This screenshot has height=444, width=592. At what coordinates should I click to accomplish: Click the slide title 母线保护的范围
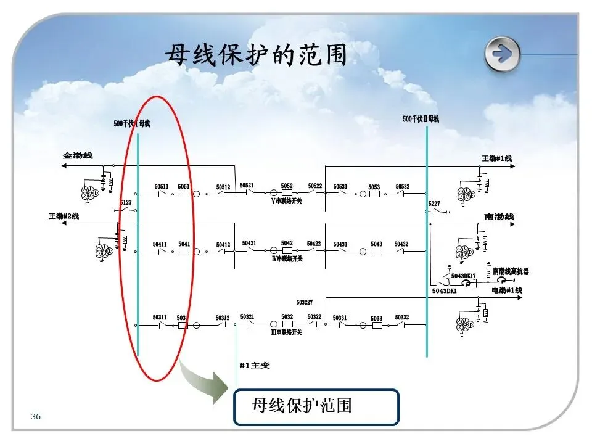tap(255, 55)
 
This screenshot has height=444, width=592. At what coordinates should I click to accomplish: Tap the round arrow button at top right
tap(502, 53)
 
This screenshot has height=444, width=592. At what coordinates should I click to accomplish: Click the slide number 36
tap(36, 417)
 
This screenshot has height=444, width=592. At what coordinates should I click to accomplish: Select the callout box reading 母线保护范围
tap(316, 406)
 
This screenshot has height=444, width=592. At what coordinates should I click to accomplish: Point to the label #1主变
tap(255, 366)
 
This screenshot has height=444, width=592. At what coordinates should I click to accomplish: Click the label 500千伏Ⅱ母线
tap(421, 118)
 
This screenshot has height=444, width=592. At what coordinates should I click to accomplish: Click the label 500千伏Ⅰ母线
tap(131, 123)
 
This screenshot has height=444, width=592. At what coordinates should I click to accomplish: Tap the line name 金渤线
tap(77, 155)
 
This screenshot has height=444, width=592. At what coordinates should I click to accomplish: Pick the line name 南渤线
tap(499, 217)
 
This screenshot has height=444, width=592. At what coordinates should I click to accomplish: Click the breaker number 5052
tap(287, 186)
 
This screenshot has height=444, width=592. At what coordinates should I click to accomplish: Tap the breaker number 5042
tap(287, 244)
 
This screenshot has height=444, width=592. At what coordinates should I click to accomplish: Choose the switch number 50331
tap(340, 318)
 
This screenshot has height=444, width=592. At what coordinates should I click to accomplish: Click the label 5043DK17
tap(463, 276)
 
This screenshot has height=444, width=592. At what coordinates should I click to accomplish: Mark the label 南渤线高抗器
tap(511, 271)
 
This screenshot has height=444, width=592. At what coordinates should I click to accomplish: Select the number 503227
tap(305, 302)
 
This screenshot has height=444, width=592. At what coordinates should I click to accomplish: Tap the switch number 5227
tap(434, 203)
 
